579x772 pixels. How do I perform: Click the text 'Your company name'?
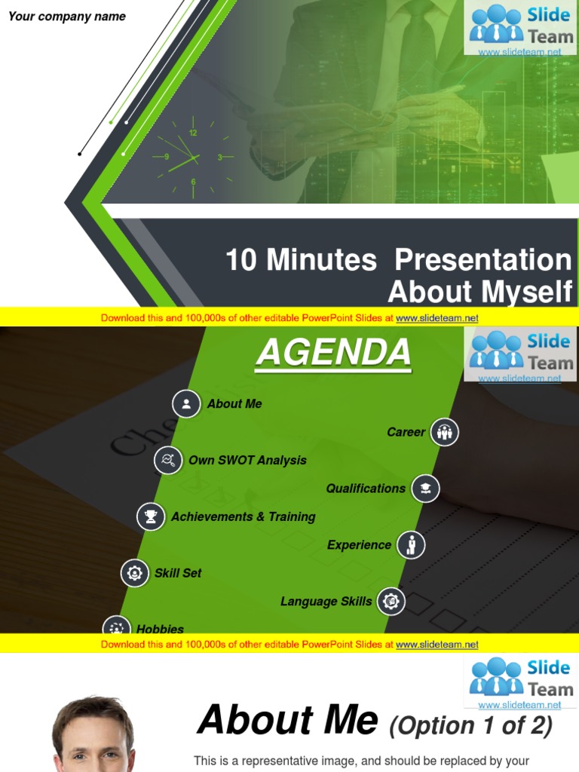point(67,17)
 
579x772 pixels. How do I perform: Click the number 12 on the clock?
point(193,133)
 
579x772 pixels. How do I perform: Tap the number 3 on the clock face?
point(219,158)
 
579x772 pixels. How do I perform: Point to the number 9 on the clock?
point(167,158)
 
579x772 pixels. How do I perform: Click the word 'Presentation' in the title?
point(483,260)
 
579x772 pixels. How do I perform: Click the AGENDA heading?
point(333,353)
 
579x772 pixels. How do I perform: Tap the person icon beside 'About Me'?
point(186,404)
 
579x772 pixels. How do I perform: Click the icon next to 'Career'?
point(445,432)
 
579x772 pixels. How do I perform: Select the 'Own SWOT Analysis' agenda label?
point(247,460)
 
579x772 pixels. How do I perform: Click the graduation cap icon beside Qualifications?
point(426,489)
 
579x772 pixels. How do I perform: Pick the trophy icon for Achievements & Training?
point(151,516)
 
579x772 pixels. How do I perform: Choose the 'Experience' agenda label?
point(359,545)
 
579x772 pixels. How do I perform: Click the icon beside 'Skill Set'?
point(135,573)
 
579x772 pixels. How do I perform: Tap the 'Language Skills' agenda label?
point(326,602)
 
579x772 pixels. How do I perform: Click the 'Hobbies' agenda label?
point(160,629)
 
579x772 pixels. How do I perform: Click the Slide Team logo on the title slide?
point(520,27)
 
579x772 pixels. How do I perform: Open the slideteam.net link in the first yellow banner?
point(437,318)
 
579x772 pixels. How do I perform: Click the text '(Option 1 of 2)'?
point(470,725)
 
